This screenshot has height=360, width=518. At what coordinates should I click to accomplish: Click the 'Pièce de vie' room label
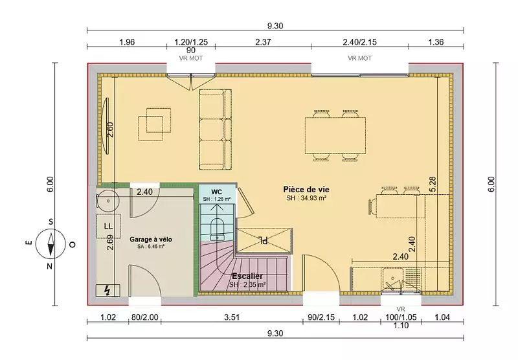pos(306,190)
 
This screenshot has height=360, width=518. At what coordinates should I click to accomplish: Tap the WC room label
pos(217,192)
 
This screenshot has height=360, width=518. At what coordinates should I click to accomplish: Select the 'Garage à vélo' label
pos(151,240)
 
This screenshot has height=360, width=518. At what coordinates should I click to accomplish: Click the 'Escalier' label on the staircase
pos(247,276)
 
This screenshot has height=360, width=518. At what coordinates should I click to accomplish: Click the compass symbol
pos(51,243)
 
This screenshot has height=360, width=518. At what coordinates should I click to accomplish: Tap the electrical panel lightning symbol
pos(107,291)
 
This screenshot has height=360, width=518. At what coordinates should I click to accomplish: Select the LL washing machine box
pos(108,226)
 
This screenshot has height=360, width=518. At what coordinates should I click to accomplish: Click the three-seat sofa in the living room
pos(216,129)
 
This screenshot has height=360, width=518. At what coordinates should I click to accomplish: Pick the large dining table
pos(335,135)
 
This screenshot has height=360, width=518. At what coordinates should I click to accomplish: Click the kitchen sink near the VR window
pos(393,280)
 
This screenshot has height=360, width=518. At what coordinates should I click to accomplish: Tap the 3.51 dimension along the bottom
pos(232,317)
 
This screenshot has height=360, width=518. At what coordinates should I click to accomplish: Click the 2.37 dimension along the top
pos(263,42)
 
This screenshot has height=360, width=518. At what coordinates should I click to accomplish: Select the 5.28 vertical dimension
pos(433,185)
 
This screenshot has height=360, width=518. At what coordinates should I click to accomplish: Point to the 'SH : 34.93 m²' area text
pos(306,198)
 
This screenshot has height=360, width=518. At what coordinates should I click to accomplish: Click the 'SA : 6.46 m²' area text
pos(151,247)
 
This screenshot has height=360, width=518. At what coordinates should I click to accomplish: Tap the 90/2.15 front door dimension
pos(321,317)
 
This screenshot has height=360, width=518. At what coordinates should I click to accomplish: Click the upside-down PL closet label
pos(264,240)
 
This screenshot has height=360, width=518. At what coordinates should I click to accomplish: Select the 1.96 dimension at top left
pos(127,42)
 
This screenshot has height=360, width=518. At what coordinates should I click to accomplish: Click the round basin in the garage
pos(107,200)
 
